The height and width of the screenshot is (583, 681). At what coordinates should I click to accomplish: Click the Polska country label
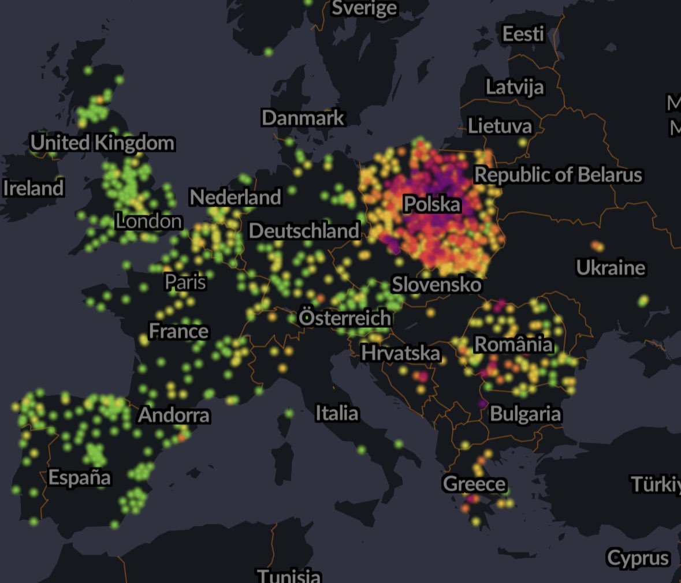tap(432, 204)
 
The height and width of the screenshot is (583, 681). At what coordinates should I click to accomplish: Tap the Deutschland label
tap(304, 231)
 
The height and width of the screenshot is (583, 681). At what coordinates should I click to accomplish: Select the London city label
tap(148, 221)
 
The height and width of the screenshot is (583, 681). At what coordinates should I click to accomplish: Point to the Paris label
tap(185, 282)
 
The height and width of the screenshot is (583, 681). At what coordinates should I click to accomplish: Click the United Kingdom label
tap(102, 143)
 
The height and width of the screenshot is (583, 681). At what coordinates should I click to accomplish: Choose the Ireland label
tap(33, 188)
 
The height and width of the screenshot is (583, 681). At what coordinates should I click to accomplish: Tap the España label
tap(80, 477)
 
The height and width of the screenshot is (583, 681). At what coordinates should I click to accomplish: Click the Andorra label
tap(174, 414)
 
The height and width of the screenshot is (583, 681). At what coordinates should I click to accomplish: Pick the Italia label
tap(337, 413)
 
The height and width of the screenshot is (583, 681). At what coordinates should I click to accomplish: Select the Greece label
tap(474, 483)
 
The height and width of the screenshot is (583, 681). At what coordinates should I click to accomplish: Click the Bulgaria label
tap(525, 414)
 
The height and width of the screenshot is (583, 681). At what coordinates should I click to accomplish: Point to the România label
tap(513, 344)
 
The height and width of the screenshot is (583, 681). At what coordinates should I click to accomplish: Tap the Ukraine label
tap(611, 267)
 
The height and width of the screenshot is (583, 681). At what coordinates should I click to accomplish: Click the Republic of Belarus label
tap(558, 175)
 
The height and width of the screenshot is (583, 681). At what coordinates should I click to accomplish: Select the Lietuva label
tap(500, 126)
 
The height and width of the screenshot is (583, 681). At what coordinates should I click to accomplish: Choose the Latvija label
tap(514, 87)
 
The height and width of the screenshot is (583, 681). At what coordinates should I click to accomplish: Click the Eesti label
tap(523, 34)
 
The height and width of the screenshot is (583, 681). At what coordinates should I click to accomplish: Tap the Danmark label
tap(303, 118)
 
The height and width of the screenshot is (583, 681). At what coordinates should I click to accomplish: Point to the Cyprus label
tap(638, 558)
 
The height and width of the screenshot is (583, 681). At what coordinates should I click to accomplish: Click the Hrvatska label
tap(400, 353)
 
